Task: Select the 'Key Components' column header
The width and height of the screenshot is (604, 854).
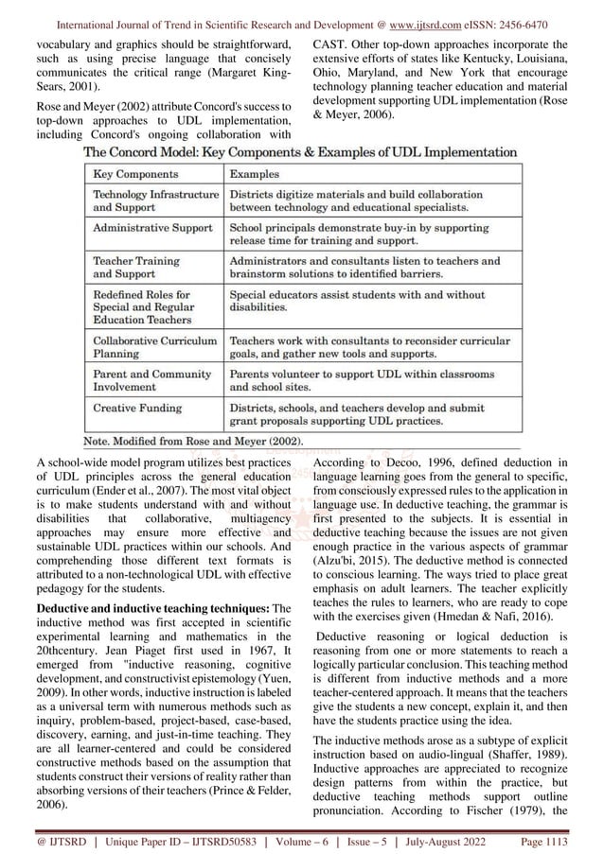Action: tap(134, 175)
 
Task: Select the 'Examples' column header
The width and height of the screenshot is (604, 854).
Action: tap(255, 175)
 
